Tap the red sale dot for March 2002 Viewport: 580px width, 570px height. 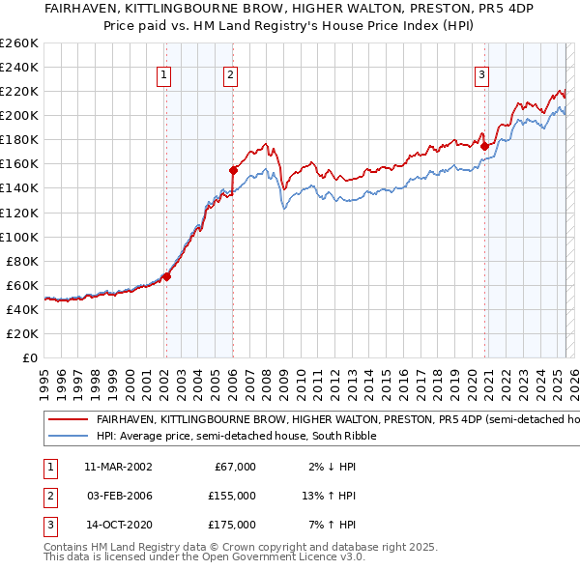tap(166, 276)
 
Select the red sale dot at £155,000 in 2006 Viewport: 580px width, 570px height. tap(233, 169)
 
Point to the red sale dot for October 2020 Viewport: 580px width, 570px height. tap(484, 145)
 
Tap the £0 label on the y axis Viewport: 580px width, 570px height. tap(28, 357)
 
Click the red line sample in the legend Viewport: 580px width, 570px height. tap(68, 420)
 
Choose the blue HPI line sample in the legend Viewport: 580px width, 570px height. tap(68, 436)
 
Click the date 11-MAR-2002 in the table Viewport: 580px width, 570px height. tap(118, 467)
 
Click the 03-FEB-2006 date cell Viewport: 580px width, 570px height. tap(118, 496)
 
